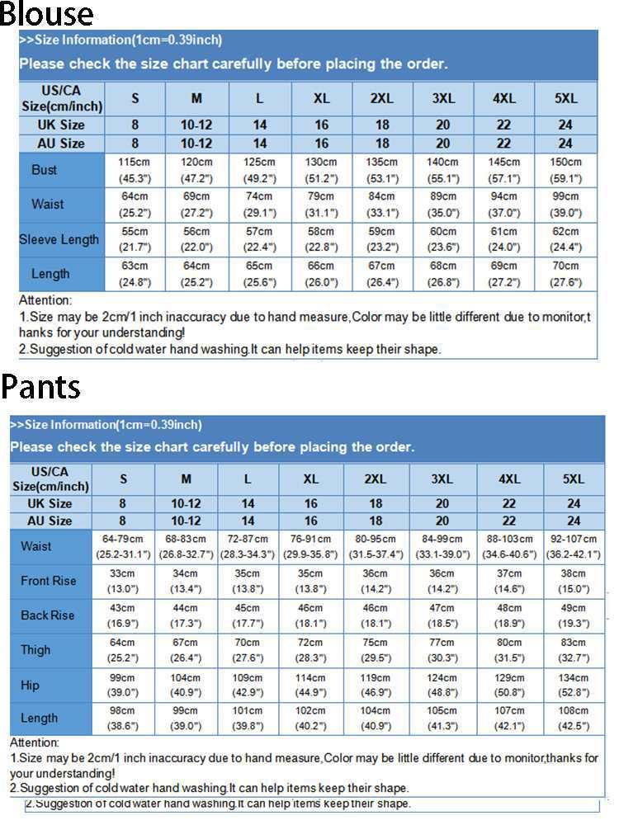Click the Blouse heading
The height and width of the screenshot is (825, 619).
point(47,14)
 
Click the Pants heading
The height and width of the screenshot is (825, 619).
point(41,386)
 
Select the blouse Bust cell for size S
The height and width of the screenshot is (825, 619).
point(135,170)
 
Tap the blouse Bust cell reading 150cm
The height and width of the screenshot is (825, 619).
point(566,170)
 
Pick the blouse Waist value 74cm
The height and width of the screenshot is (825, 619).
point(259,205)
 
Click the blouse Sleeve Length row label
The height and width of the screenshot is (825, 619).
point(59,239)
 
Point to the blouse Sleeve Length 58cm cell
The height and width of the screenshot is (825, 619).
point(321,239)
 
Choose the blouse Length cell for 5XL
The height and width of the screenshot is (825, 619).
point(566,274)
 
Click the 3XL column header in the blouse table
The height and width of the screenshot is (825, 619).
point(443,98)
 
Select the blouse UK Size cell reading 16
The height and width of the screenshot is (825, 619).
point(321,125)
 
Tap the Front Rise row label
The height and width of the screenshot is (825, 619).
point(48,581)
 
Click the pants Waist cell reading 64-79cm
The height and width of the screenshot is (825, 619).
point(122,546)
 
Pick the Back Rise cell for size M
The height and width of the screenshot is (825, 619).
point(186,615)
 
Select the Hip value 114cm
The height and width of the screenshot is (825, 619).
point(310,685)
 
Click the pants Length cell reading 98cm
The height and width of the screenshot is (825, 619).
point(122,719)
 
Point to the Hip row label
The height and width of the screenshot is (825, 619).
point(30,685)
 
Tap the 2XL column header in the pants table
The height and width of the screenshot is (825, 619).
point(376,479)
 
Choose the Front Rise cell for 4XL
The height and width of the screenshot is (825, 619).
point(509,581)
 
